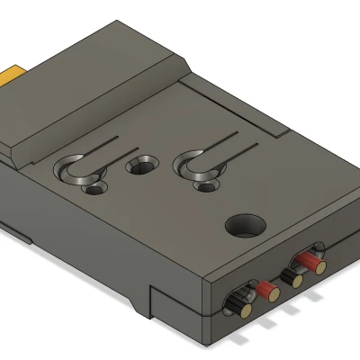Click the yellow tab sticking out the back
(x=17, y=71)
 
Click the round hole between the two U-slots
(x=139, y=166)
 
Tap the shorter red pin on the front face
(x=266, y=290)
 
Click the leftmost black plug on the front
(x=241, y=302)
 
